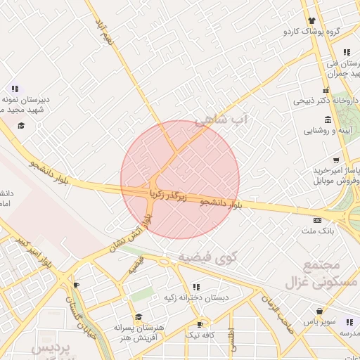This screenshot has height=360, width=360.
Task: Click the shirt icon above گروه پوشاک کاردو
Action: [x=311, y=20]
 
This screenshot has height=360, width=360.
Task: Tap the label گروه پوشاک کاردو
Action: [x=312, y=32]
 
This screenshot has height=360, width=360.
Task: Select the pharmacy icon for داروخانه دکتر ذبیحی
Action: [x=326, y=89]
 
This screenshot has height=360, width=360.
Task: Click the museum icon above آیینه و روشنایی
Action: [x=326, y=119]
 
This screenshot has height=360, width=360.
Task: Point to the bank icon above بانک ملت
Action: [x=317, y=219]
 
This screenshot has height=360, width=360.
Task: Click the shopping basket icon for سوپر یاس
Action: [x=321, y=310]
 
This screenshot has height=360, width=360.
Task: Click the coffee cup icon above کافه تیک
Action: [x=200, y=324]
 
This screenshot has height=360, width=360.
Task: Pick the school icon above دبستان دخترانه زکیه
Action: [x=195, y=287]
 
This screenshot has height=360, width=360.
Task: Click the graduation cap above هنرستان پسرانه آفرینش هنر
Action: [x=139, y=317]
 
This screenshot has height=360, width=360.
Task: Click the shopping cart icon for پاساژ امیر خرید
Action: [x=337, y=160]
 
